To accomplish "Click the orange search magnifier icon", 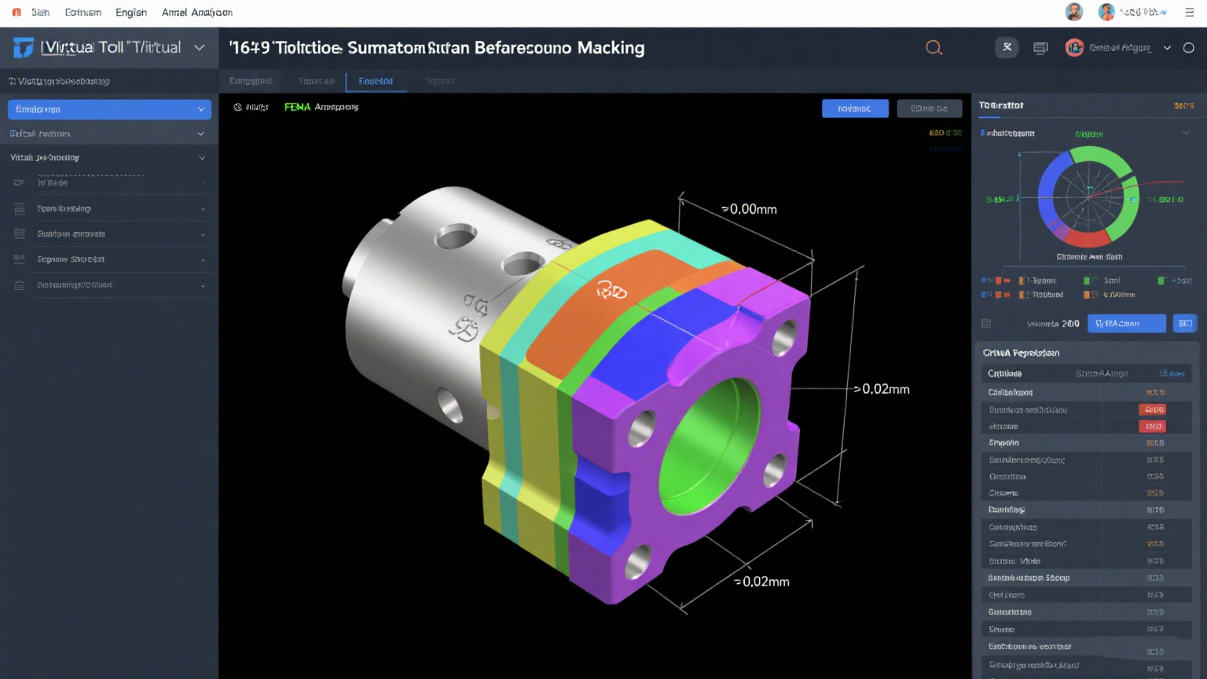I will [x=934, y=48].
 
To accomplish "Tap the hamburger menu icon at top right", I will [x=1189, y=13].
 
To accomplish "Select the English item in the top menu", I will [x=130, y=13].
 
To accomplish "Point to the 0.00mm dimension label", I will [x=750, y=209].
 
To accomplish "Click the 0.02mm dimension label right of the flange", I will [x=884, y=389].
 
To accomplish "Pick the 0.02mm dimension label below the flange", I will [x=763, y=582].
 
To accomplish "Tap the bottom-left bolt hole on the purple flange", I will [x=637, y=561].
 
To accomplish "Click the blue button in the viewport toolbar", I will [x=854, y=108].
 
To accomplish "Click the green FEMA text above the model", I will [x=297, y=107].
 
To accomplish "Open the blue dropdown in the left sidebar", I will [x=109, y=109].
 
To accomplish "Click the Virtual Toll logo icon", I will [x=24, y=48].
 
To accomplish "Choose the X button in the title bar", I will [x=1007, y=48].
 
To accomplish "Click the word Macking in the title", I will [x=611, y=48].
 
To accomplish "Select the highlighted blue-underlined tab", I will [x=376, y=81].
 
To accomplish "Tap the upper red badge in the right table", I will [x=1153, y=409].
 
